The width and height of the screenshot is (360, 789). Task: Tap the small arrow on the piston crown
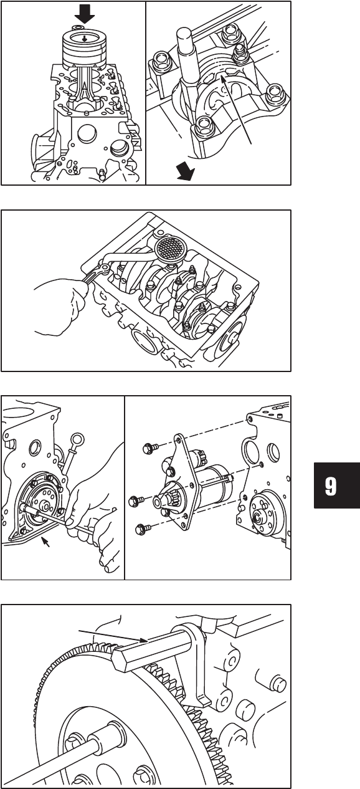pos(85,39)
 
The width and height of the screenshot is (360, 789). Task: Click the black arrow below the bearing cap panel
pos(186,173)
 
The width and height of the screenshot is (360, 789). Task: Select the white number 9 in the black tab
pos(331,487)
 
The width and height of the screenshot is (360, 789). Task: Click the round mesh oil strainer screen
pos(169,248)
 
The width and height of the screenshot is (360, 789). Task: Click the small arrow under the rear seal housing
pos(45,542)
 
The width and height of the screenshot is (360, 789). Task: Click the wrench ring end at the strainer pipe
pos(105,269)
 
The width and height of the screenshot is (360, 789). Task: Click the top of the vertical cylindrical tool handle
pos(184,34)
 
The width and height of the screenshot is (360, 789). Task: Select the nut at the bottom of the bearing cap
pos(202,127)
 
